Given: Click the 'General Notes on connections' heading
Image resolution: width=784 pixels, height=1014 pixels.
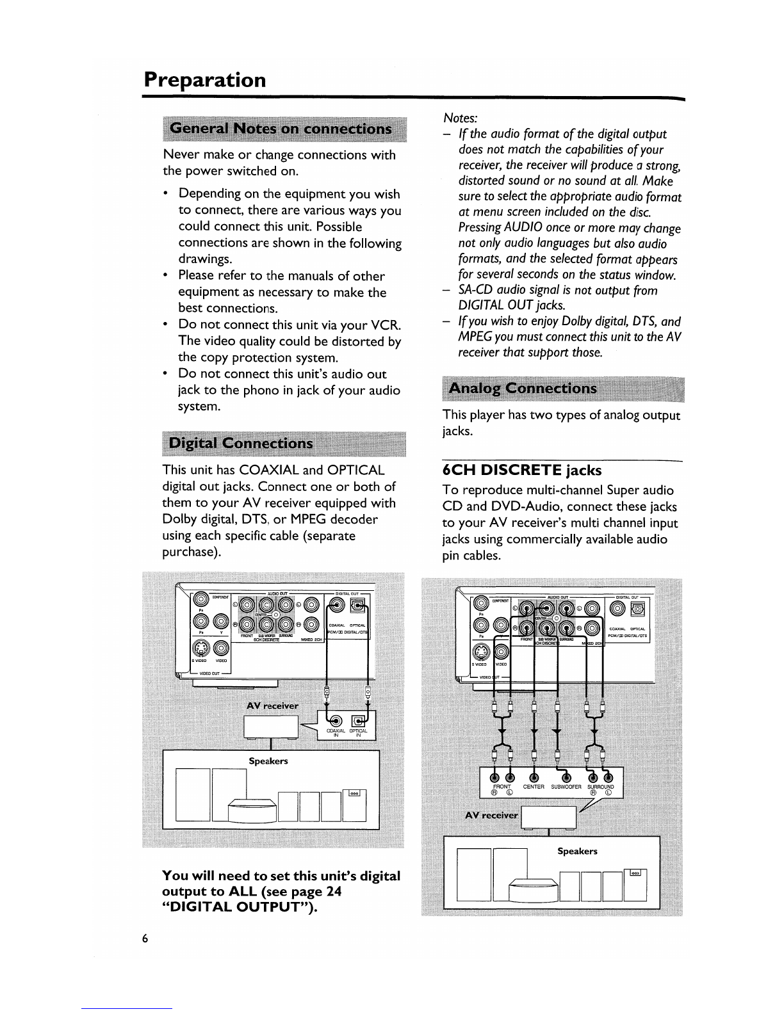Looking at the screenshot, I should pyautogui.click(x=281, y=129).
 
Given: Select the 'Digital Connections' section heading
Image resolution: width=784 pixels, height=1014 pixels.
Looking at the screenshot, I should pyautogui.click(x=240, y=444).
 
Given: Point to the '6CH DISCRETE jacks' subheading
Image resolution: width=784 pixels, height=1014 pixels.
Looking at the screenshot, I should pyautogui.click(x=522, y=471).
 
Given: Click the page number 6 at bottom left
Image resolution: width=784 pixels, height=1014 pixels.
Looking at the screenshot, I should pyautogui.click(x=145, y=938).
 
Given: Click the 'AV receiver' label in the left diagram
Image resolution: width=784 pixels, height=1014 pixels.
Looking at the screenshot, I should pyautogui.click(x=272, y=705).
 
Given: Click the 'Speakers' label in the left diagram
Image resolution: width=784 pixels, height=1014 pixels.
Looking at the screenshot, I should pyautogui.click(x=268, y=761).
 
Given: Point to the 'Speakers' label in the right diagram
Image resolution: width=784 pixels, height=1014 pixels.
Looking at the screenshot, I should pyautogui.click(x=577, y=851).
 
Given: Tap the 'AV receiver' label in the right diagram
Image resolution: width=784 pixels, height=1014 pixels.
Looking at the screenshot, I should pyautogui.click(x=491, y=815).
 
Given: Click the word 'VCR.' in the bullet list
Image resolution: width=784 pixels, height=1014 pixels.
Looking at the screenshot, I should pyautogui.click(x=386, y=325).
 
